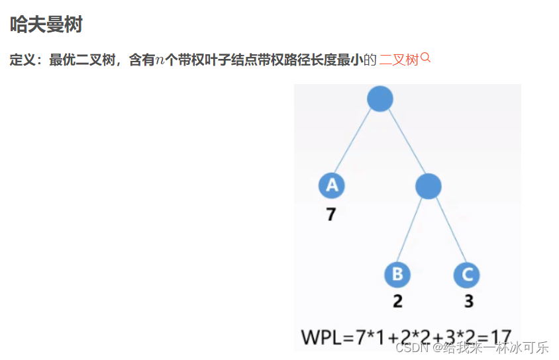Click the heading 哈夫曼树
[x=46, y=26]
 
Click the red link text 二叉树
[x=399, y=60]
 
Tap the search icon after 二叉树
[x=426, y=58]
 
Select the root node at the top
[x=380, y=99]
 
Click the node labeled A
[x=331, y=185]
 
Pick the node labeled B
[x=397, y=275]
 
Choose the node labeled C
[x=467, y=275]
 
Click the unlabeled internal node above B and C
[x=428, y=187]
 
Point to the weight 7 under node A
[x=330, y=214]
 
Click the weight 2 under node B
[x=397, y=301]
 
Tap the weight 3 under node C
[x=468, y=301]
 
